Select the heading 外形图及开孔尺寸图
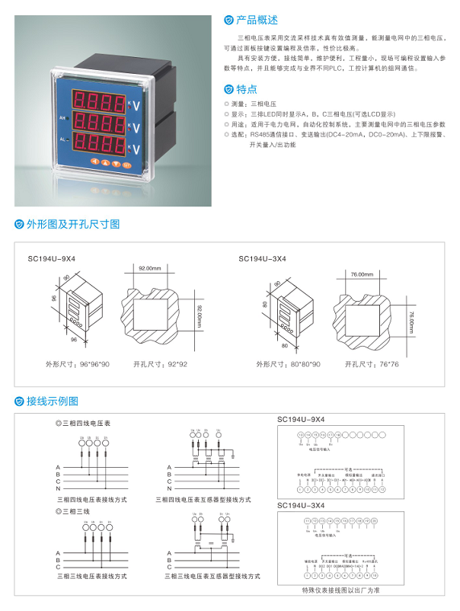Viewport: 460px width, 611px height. (x=73, y=225)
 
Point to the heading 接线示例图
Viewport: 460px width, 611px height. (x=53, y=401)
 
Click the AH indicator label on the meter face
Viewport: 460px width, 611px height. (x=63, y=119)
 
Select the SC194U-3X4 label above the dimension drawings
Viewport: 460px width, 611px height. (x=262, y=259)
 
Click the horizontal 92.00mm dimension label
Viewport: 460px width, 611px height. (x=150, y=269)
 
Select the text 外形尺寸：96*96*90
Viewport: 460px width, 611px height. (x=76, y=364)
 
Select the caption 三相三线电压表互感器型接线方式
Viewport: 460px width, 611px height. (x=207, y=577)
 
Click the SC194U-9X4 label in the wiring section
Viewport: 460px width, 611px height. (x=300, y=420)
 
